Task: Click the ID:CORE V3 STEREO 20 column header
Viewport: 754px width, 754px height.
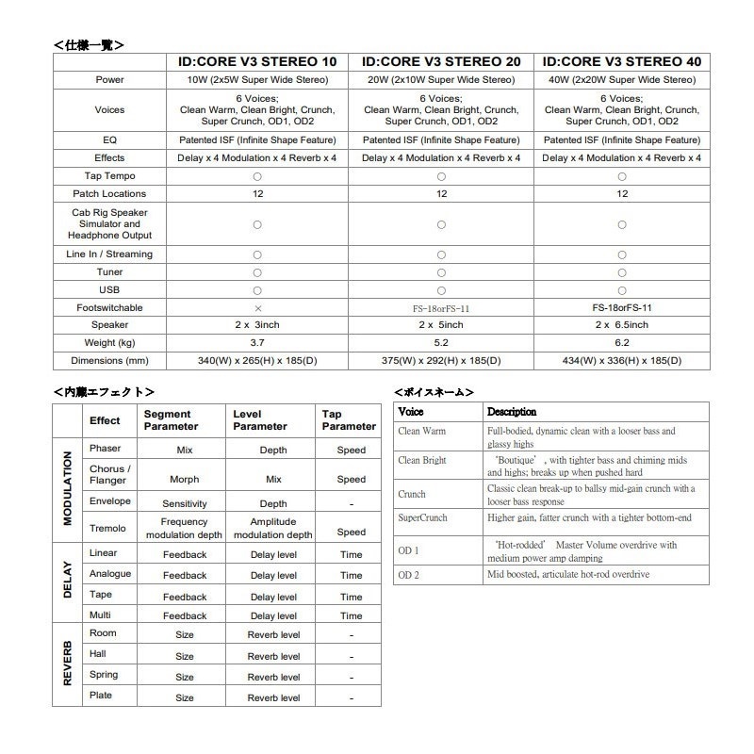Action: click(441, 62)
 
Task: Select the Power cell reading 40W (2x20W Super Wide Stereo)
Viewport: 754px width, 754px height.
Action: click(622, 80)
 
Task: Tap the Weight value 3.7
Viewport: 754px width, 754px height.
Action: click(257, 342)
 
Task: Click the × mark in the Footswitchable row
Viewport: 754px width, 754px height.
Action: click(257, 307)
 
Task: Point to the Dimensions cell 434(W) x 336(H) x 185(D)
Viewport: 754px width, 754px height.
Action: click(622, 360)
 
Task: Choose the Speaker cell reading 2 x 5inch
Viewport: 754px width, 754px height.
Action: click(441, 324)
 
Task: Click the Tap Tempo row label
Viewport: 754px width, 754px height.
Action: click(109, 176)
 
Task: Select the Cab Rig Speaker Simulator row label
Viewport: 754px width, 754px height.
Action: click(109, 224)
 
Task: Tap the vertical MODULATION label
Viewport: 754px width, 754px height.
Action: click(67, 487)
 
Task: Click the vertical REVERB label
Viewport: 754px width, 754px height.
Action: click(67, 664)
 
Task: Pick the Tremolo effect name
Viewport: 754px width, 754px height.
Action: click(107, 528)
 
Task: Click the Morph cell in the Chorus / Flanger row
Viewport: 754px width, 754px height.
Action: click(185, 480)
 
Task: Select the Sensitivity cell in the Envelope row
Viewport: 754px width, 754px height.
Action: click(185, 504)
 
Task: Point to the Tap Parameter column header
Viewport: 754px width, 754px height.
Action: click(349, 420)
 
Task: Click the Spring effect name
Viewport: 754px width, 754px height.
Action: click(104, 675)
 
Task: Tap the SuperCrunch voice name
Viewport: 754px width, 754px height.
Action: click(422, 518)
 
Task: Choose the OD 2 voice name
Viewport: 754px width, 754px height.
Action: click(409, 575)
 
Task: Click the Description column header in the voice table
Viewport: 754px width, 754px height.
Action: click(512, 412)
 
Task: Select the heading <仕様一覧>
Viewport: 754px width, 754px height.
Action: click(89, 43)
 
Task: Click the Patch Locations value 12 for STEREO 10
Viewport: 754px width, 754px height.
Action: click(257, 193)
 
